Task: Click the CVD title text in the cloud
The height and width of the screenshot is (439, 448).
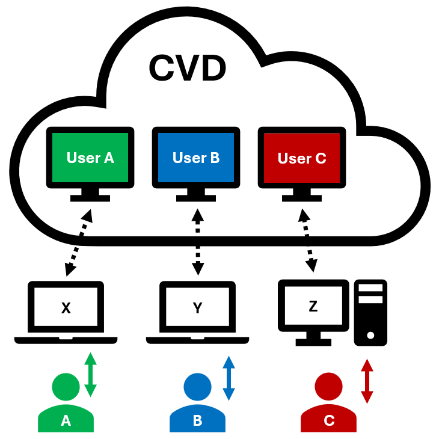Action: pos(187,68)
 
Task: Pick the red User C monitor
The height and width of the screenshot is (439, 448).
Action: pos(302,159)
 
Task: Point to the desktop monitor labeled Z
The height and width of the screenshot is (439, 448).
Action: pos(313,308)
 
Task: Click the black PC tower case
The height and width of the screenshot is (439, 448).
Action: pos(370,313)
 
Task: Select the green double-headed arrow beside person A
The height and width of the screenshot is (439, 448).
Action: pos(90,375)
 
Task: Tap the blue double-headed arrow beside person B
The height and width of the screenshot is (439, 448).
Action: pos(229,378)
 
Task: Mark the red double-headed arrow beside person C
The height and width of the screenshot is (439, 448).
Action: pos(367,381)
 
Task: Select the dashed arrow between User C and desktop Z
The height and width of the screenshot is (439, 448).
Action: pos(307,241)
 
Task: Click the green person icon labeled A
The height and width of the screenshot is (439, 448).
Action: pos(66,403)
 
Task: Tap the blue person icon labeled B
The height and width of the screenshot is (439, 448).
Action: pos(197,403)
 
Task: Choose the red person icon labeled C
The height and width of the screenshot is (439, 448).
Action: pos(328,403)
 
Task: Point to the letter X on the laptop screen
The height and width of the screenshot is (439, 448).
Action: pos(66,309)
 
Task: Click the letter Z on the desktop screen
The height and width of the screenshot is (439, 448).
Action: pos(313,306)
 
